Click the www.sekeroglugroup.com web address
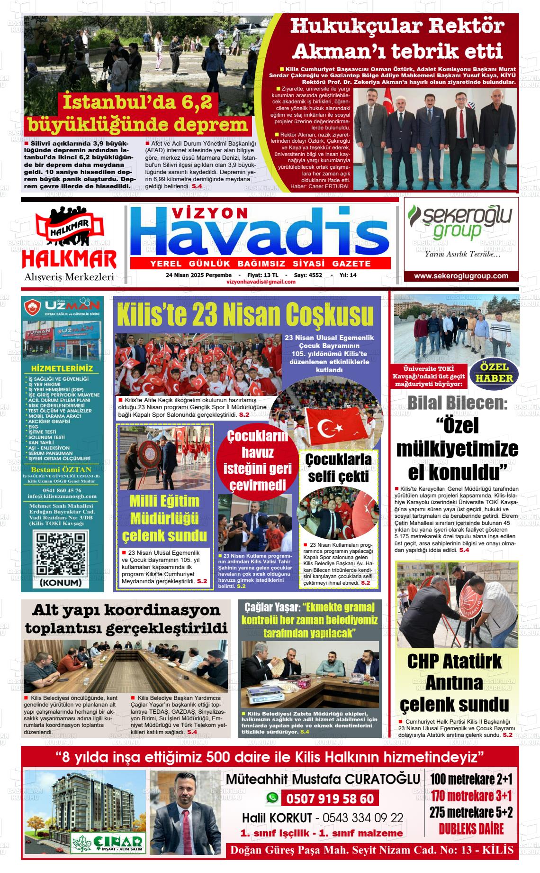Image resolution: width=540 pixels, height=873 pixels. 461,276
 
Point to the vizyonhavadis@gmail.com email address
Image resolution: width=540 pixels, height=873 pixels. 261,282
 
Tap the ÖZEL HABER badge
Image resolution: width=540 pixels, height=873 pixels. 494,373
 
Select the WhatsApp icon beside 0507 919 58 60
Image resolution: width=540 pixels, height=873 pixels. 272,798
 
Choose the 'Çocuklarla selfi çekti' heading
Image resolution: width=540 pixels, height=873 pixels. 338,468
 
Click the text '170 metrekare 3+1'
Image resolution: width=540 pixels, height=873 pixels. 471,795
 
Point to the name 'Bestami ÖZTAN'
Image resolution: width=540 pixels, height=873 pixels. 62,470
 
